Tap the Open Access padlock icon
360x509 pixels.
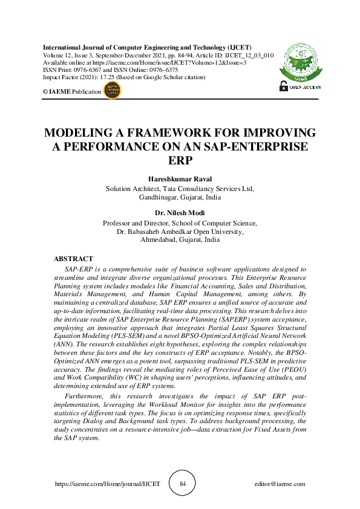point(283,86)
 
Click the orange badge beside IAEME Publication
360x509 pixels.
point(113,91)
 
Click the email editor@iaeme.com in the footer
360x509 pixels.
point(280,484)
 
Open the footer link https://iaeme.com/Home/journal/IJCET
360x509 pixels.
point(107,484)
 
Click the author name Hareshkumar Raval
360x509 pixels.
point(180,180)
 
